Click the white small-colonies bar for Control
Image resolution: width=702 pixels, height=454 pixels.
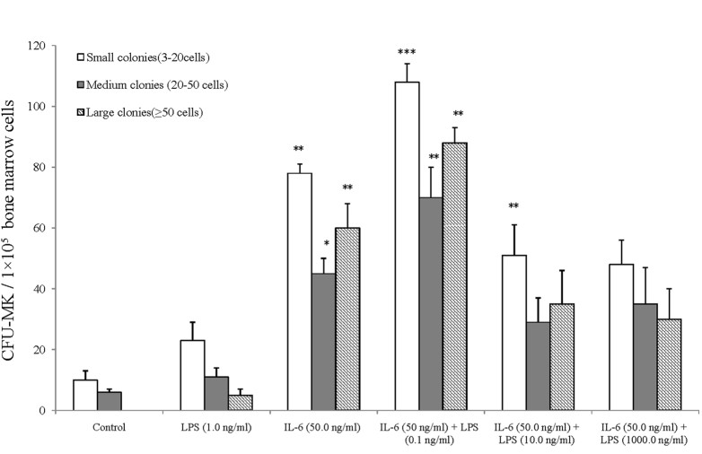tap(85, 396)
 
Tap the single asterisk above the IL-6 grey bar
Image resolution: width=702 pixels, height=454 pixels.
tap(323, 245)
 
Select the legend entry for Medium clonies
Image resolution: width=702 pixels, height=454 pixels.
tap(148, 84)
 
